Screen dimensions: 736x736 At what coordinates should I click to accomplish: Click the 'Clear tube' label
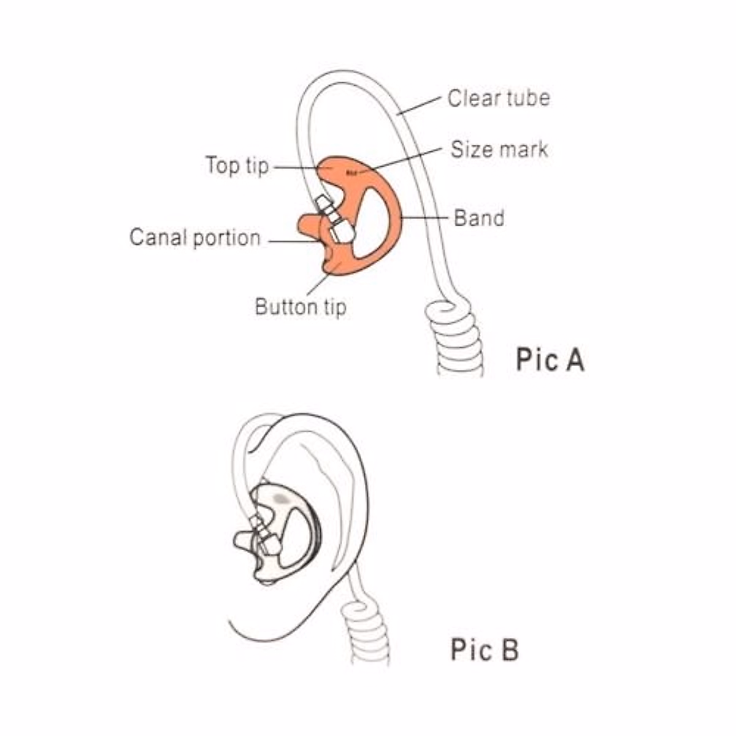pyautogui.click(x=498, y=98)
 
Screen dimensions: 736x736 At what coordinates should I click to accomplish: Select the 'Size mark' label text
pyautogui.click(x=499, y=149)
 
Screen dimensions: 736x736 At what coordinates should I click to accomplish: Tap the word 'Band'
pyautogui.click(x=479, y=218)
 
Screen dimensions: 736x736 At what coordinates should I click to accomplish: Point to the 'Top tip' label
pyautogui.click(x=237, y=165)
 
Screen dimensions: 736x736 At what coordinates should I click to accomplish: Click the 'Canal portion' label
pyautogui.click(x=195, y=237)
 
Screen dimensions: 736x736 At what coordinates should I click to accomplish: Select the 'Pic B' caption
pyautogui.click(x=485, y=649)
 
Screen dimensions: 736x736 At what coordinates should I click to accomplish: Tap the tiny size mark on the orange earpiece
pyautogui.click(x=351, y=173)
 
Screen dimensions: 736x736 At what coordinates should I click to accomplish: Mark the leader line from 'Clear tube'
pyautogui.click(x=420, y=105)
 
